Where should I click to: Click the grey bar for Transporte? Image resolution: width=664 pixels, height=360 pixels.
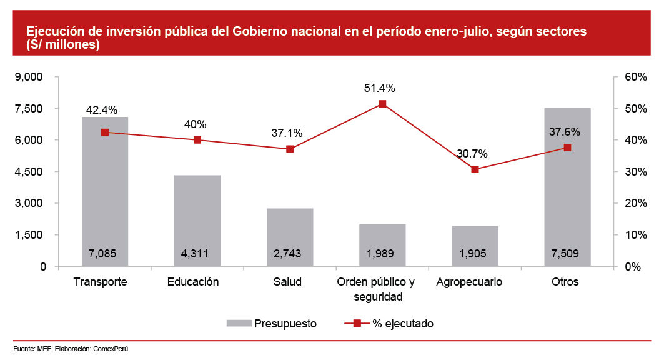pyautogui.click(x=105, y=187)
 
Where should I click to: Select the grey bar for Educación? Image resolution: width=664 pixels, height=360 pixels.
pyautogui.click(x=197, y=219)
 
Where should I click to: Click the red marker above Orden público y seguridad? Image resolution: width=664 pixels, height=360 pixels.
pyautogui.click(x=382, y=104)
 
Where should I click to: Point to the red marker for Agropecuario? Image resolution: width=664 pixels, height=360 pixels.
pyautogui.click(x=475, y=169)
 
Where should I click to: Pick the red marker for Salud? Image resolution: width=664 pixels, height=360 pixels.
pyautogui.click(x=290, y=149)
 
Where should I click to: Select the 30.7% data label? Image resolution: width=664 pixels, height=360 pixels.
pyautogui.click(x=473, y=154)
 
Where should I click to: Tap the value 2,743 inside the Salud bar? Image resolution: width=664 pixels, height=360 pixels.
pyautogui.click(x=290, y=254)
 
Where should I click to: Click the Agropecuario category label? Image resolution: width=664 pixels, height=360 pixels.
pyautogui.click(x=470, y=282)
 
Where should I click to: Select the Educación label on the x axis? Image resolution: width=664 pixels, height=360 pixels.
pyautogui.click(x=193, y=282)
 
